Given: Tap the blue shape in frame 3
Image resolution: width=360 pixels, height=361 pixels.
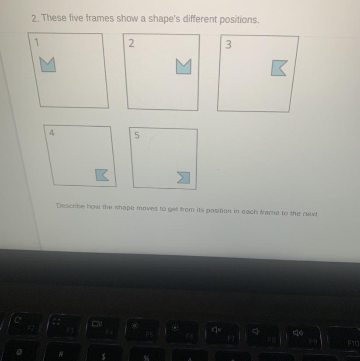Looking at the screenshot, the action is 278,68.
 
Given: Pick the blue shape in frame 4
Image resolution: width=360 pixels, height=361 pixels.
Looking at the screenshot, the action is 101,175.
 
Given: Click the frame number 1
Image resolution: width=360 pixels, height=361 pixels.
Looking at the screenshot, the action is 36,42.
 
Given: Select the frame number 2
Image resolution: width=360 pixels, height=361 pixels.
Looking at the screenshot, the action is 131,43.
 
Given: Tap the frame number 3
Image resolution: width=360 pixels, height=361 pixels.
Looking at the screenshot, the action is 228,45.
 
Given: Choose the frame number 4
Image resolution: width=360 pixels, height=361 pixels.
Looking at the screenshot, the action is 52,133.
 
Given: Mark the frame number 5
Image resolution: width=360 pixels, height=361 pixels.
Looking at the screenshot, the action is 137,135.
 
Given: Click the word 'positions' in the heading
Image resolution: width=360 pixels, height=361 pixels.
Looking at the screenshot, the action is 239,20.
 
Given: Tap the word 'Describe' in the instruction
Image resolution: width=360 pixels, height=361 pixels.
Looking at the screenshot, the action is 70,206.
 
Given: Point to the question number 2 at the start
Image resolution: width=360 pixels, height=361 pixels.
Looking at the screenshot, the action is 35,18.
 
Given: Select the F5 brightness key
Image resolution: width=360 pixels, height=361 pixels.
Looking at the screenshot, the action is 143,330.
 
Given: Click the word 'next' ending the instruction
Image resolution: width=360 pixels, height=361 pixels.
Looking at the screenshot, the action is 311,214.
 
